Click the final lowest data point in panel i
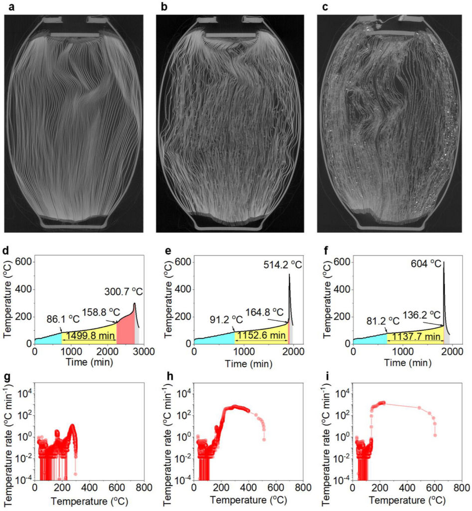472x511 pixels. (x=435, y=435)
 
